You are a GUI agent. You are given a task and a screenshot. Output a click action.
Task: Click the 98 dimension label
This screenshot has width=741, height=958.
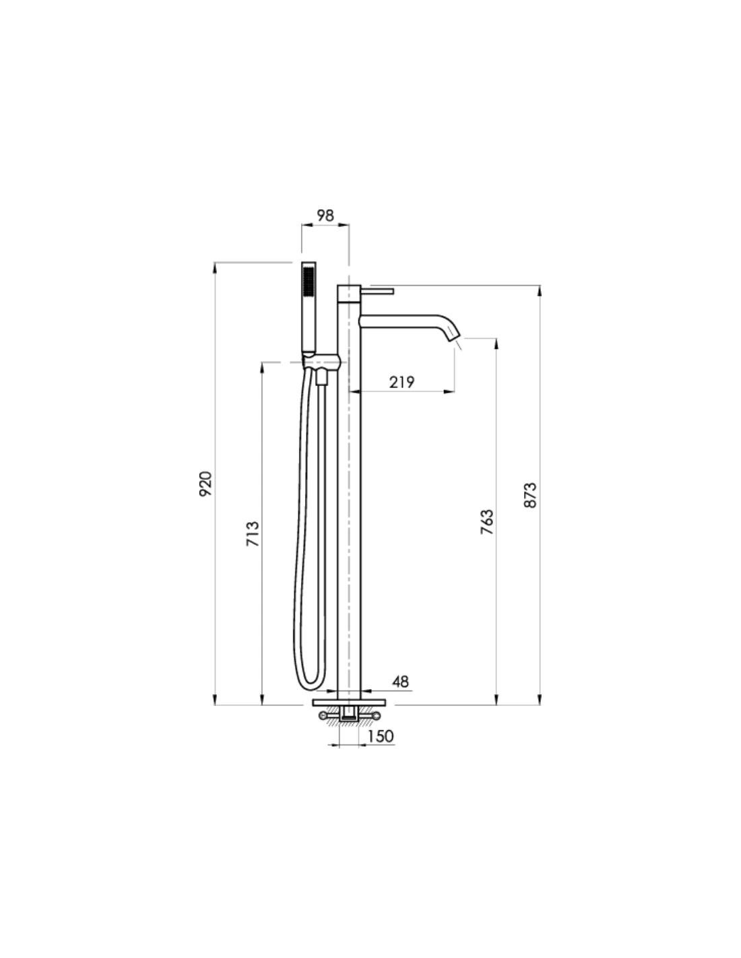[x=325, y=216]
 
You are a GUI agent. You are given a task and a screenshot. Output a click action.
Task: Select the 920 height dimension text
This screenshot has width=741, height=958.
[x=206, y=484]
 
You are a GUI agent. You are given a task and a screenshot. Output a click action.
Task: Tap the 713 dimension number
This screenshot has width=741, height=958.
[x=253, y=534]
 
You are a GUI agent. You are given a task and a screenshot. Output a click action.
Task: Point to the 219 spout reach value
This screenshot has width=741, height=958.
[x=401, y=382]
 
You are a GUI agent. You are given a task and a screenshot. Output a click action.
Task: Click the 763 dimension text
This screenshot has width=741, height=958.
[x=486, y=522]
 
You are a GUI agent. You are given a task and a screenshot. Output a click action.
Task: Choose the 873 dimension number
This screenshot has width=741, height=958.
[x=530, y=496]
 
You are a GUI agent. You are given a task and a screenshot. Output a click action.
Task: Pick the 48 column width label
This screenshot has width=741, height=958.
[x=400, y=682]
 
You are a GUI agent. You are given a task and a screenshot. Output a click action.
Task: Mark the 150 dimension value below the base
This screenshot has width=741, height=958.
[x=381, y=736]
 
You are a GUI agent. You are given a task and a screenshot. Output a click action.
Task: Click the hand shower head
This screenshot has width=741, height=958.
[x=309, y=308]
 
